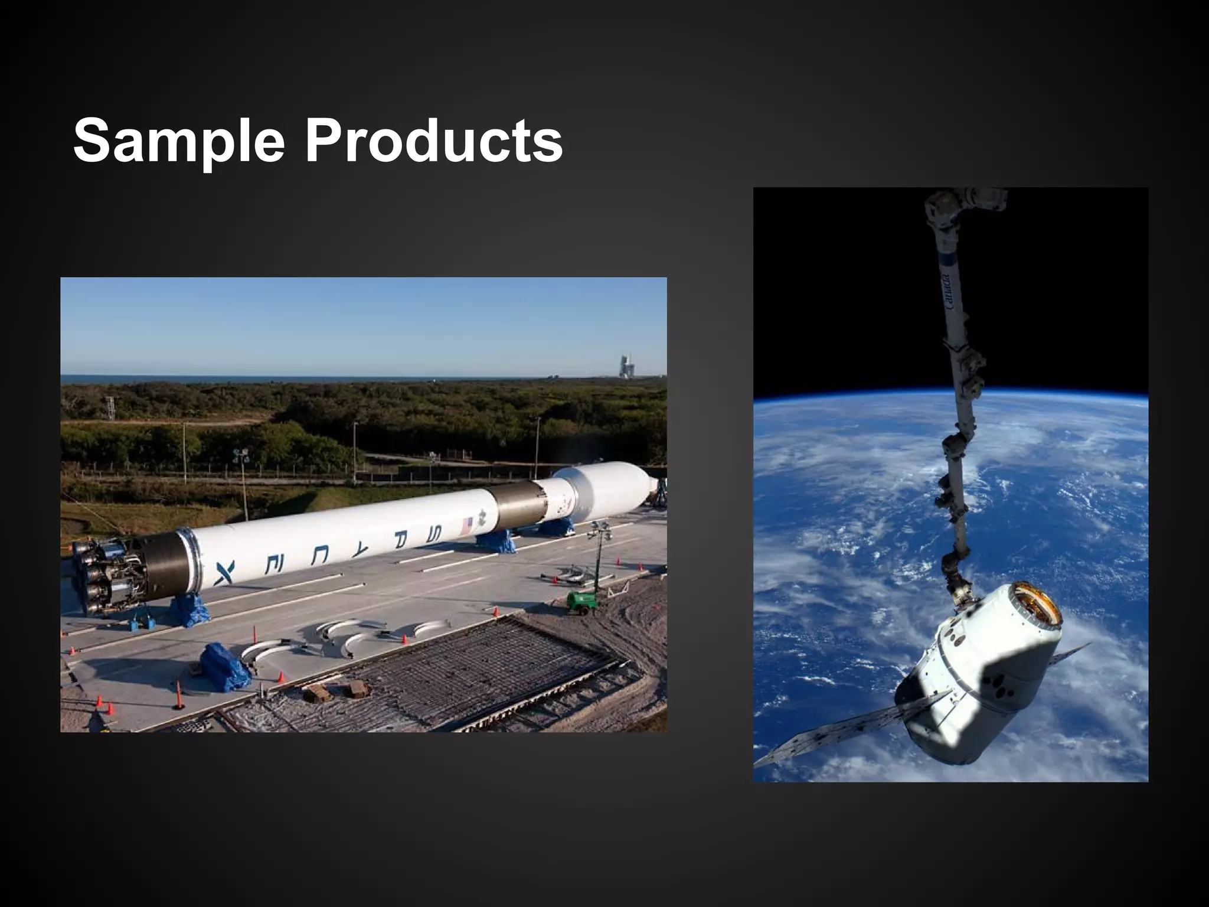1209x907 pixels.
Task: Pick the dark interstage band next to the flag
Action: (519, 505)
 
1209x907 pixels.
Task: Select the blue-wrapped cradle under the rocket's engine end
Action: (189, 609)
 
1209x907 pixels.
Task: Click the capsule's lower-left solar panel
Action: (838, 732)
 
